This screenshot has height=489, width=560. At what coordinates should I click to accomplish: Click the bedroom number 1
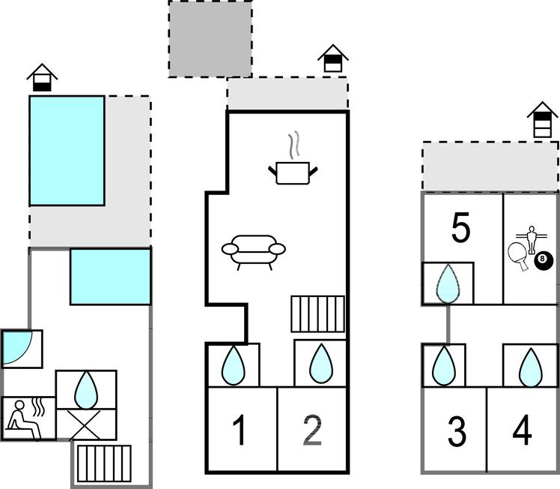pos(239,430)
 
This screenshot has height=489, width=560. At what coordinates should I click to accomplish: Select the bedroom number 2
pos(312,430)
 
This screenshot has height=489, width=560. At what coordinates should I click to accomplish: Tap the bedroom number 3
pos(457,432)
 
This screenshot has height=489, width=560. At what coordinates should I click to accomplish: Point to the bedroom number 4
pos(522,430)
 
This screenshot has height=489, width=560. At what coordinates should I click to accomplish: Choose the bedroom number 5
pos(460,228)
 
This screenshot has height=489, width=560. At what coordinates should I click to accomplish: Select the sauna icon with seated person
pos(25,419)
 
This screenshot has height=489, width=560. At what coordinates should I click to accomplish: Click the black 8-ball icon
pos(544,260)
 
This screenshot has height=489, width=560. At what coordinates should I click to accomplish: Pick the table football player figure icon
pos(532,240)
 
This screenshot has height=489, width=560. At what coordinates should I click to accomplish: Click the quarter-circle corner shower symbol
pos(17,348)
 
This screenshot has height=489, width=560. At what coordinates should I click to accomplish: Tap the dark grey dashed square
pos(210,38)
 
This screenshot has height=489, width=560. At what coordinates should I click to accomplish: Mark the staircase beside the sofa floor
pos(318,314)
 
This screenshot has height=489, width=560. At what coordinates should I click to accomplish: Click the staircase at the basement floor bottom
pos(104,463)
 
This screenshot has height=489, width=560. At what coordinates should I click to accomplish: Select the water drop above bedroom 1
pos(234,365)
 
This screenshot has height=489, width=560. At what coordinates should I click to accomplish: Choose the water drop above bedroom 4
pos(531,367)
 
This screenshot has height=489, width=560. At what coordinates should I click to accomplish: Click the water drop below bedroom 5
pos(448,283)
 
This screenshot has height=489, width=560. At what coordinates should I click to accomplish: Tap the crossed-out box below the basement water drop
pos(86,424)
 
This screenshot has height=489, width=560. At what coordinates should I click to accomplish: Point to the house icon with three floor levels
pos(542,120)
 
